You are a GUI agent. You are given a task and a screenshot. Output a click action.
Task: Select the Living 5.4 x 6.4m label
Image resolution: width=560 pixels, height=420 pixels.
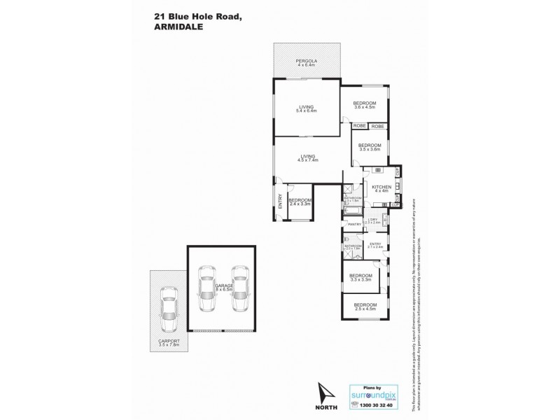(306, 108)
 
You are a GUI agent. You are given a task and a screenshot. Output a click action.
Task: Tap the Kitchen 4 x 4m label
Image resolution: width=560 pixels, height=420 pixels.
(381, 188)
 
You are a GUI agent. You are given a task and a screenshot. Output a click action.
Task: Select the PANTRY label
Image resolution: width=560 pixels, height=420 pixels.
(354, 224)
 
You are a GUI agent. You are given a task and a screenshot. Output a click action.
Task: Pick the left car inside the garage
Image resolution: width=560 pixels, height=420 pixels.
(206, 290)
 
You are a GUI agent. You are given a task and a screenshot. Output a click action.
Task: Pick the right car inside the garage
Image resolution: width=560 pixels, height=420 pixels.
(240, 290)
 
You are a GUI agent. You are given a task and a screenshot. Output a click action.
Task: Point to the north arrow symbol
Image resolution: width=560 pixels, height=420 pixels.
(325, 392)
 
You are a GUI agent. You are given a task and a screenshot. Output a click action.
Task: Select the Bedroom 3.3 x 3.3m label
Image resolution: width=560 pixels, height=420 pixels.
(360, 277)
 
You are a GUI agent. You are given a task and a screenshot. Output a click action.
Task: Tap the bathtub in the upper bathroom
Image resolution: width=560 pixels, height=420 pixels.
(351, 211)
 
